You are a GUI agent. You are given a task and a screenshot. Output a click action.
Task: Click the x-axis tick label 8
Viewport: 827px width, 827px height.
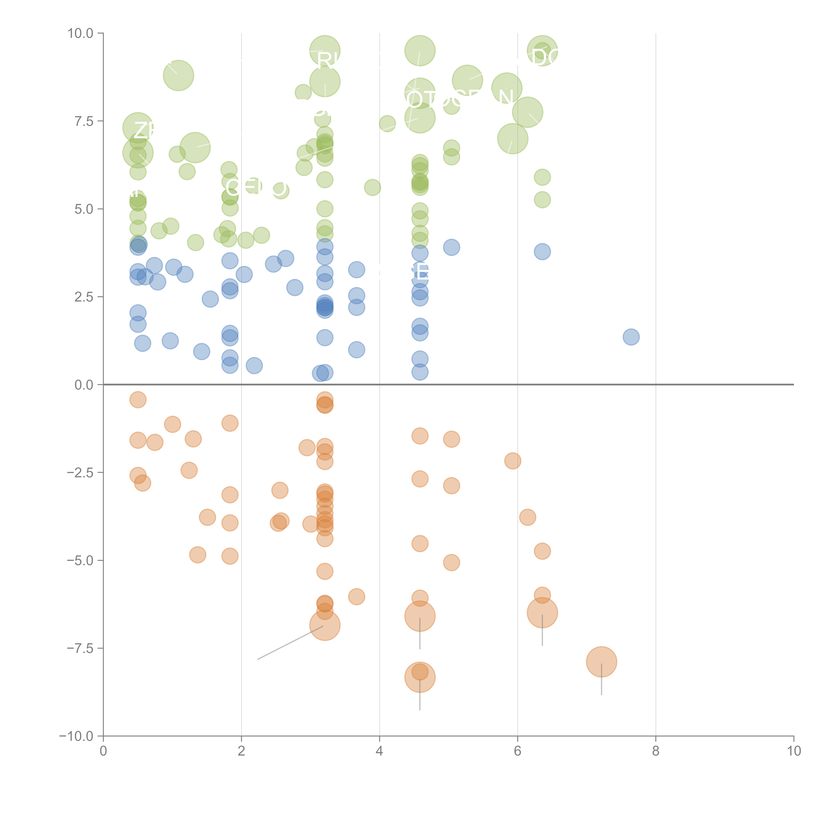pos(656,751)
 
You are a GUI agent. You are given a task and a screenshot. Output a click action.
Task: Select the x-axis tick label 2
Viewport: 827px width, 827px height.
pos(241,751)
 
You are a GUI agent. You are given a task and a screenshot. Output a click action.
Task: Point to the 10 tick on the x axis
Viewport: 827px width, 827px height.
pos(794,751)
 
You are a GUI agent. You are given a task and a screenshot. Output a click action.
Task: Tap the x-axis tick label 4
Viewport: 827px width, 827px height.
pos(379,751)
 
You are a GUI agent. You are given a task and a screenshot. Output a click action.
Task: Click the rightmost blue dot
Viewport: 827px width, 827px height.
pos(631,337)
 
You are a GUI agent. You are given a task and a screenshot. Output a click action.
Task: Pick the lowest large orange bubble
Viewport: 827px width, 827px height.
pos(420,677)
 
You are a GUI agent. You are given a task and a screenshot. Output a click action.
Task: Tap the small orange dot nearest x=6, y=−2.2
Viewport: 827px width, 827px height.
pos(513,461)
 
